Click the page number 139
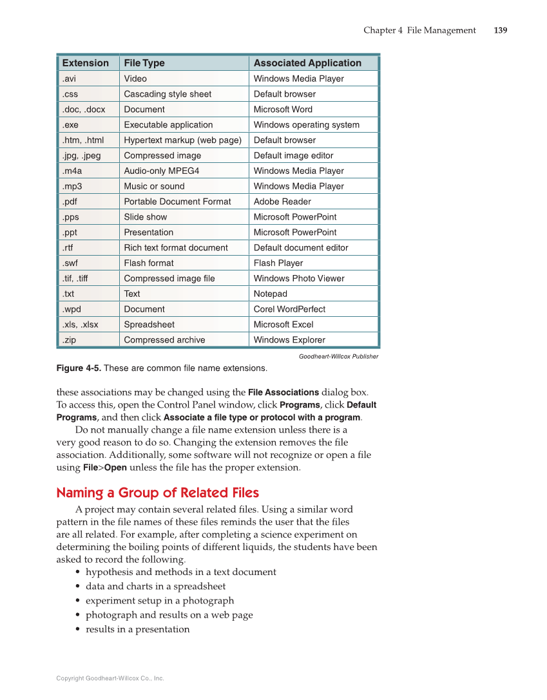500,30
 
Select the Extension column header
85,63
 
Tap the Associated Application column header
307,63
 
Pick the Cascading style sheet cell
168,94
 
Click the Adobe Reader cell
282,202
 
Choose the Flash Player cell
278,263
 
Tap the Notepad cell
270,294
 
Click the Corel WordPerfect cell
289,309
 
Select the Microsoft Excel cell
283,325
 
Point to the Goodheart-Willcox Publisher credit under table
338,356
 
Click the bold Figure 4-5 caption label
79,368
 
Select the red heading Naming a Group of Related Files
157,493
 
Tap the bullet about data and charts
155,586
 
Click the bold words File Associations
283,392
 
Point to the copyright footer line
110,678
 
